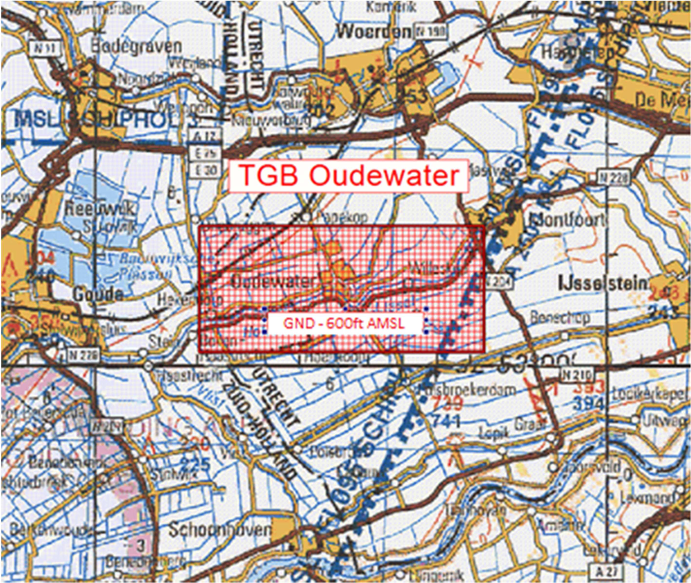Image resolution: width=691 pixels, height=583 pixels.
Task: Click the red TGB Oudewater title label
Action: point(349,175)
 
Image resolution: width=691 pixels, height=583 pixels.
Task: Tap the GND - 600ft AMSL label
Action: point(344,323)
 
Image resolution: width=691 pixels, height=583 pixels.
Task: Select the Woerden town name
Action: point(373,32)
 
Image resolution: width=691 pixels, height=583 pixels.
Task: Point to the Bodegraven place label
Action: point(136,47)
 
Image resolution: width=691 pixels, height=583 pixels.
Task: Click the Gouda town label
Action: point(98,293)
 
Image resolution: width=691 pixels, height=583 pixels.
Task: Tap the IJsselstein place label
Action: point(602,283)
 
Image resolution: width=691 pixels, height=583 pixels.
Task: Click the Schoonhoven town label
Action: point(220,530)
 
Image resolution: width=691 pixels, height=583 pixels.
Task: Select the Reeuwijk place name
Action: point(100,209)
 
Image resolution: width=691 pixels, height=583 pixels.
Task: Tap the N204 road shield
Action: point(496,281)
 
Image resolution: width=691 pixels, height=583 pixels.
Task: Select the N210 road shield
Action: point(577,375)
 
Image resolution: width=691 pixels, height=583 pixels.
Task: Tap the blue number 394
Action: point(588,403)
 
